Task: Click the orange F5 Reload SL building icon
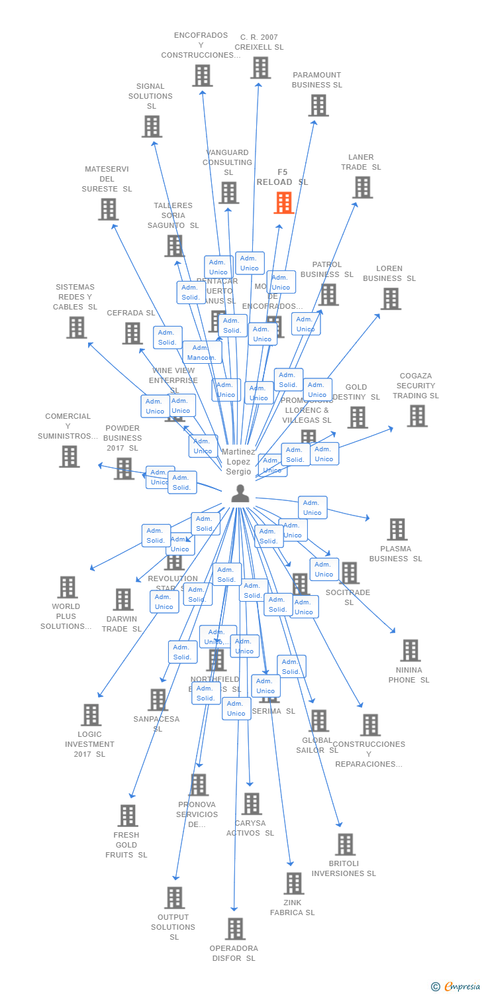[x=283, y=203]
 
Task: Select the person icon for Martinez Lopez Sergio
[x=240, y=493]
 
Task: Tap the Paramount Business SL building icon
[x=318, y=105]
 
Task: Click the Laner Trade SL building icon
[x=362, y=188]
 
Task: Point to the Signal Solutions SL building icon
[x=152, y=127]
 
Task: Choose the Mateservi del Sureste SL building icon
[x=108, y=209]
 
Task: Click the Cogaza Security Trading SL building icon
[x=417, y=416]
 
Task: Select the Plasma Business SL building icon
[x=397, y=529]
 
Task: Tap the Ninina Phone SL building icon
[x=410, y=651]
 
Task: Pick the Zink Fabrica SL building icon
[x=293, y=883]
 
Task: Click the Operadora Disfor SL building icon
[x=235, y=929]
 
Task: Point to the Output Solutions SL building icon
[x=174, y=898]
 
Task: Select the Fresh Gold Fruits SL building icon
[x=127, y=816]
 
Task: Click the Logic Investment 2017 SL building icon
[x=91, y=715]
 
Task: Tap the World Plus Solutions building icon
[x=67, y=587]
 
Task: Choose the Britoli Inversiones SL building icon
[x=345, y=845]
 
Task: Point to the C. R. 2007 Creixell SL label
[x=259, y=42]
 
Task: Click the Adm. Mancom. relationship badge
[x=202, y=353]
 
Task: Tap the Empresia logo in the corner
[x=456, y=986]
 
